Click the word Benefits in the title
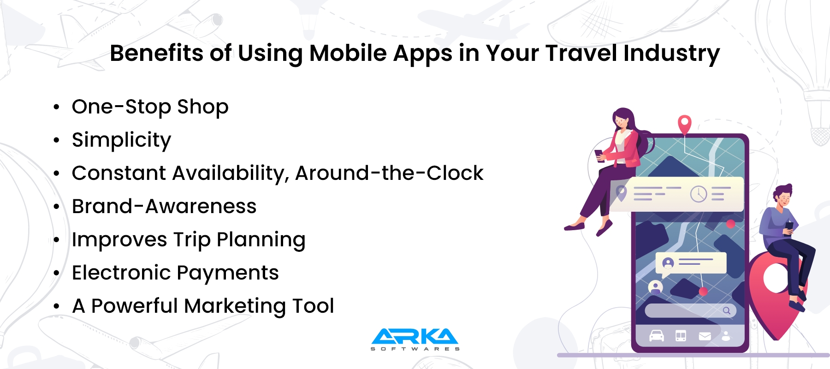(156, 53)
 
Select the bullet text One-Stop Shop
(150, 107)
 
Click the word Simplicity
(121, 140)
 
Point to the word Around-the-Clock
(389, 173)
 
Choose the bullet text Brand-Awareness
(164, 207)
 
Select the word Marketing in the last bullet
(236, 306)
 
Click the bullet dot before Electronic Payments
(56, 273)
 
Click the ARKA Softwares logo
(415, 339)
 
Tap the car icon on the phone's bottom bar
(656, 336)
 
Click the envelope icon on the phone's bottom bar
(705, 336)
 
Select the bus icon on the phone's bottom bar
(681, 336)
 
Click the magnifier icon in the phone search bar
(727, 310)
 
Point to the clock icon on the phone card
(699, 194)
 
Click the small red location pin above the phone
(685, 124)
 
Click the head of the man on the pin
(783, 196)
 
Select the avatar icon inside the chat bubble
(668, 263)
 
